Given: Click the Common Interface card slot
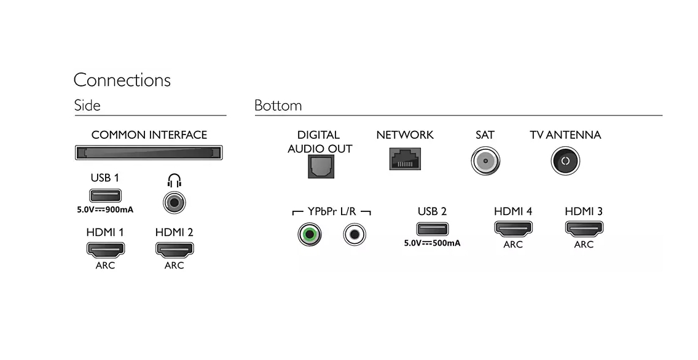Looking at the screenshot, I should [x=149, y=152].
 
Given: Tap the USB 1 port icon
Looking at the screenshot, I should [x=105, y=196].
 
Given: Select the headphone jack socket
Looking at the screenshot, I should [x=174, y=202].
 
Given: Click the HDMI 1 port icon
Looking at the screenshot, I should [x=105, y=249].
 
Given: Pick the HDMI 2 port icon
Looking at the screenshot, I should [x=174, y=249].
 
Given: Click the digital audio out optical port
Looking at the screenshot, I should [x=320, y=166].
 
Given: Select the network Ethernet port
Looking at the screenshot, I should [x=405, y=158].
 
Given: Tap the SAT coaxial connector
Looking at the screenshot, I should [x=485, y=162].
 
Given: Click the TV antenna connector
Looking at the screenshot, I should [x=565, y=162].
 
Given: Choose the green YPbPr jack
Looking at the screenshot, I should [x=309, y=233].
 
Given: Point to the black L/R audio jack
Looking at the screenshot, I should [x=355, y=233].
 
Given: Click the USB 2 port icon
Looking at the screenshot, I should [x=432, y=229].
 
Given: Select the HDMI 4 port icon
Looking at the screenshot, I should [x=513, y=228].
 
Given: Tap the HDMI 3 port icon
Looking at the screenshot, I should [x=584, y=228].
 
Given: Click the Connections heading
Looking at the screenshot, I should [x=122, y=80].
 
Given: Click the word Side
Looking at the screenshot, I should [x=87, y=105].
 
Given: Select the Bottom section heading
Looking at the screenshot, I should [x=278, y=105].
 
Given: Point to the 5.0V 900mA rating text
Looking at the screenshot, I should [x=105, y=209].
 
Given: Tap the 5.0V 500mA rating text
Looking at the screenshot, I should [x=432, y=243].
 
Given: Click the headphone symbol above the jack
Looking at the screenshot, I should [x=174, y=181].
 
